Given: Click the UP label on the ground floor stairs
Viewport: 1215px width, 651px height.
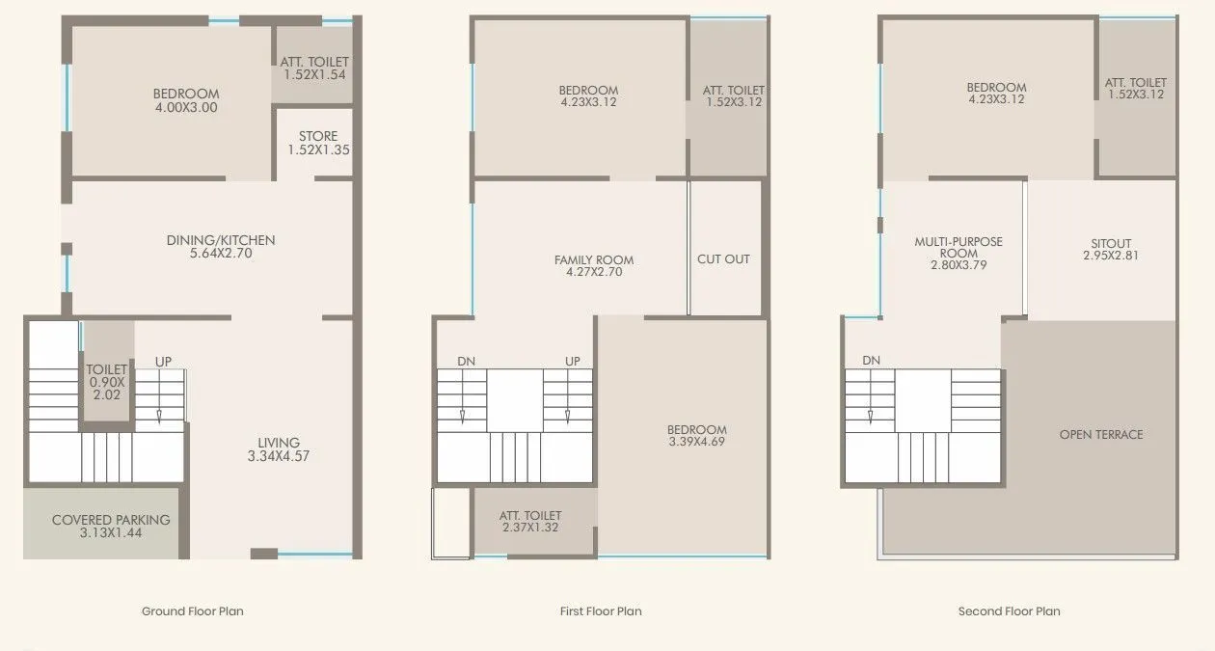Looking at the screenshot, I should [164, 362].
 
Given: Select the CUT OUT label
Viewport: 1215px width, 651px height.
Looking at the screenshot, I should [723, 259].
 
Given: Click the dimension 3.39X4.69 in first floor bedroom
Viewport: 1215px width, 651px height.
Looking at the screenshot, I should [696, 442].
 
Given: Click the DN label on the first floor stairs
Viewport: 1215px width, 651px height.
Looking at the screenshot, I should [467, 361].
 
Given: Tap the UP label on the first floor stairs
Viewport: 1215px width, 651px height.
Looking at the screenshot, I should [573, 361].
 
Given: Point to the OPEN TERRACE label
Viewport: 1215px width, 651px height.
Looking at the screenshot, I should [1101, 435].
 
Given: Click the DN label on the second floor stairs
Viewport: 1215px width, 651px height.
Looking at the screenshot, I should [872, 361].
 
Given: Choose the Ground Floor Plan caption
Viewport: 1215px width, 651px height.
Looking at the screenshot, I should [193, 611].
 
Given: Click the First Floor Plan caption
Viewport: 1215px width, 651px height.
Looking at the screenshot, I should [601, 611].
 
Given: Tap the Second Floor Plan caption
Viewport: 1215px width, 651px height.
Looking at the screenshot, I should [1010, 611].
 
